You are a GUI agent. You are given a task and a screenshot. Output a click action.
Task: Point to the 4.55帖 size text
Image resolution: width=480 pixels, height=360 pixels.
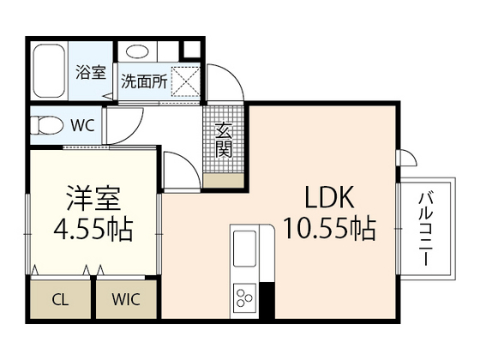point(93,230)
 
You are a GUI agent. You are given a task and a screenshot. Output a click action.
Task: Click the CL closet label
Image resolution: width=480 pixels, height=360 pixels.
point(60,300)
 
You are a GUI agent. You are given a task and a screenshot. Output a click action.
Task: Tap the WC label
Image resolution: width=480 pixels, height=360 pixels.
point(82,125)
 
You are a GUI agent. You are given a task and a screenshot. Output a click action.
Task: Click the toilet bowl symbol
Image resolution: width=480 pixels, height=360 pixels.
point(46,126)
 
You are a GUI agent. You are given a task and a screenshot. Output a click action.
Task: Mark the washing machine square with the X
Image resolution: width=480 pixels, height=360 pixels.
point(186,82)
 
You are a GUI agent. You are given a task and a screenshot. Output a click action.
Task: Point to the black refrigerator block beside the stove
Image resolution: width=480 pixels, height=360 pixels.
point(267,300)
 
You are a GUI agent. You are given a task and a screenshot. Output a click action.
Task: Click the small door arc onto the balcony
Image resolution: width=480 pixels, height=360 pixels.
point(406,158)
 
